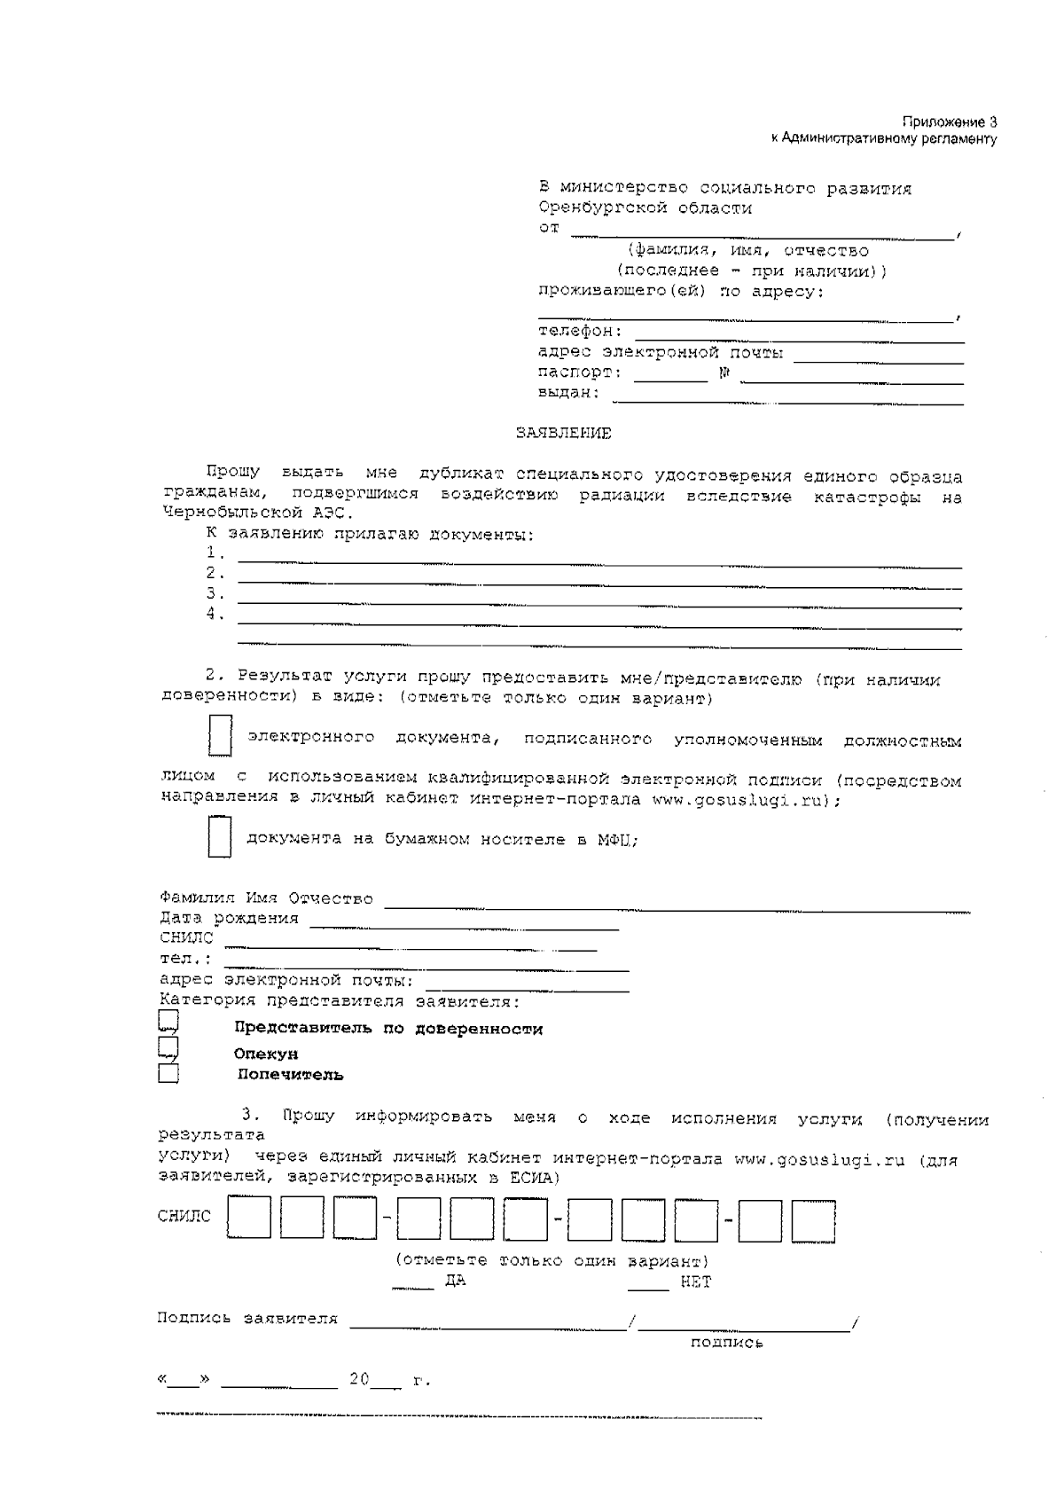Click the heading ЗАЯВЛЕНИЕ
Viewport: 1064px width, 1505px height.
coord(564,434)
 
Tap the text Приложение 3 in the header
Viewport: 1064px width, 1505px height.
coord(950,122)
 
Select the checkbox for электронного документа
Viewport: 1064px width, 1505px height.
coord(220,736)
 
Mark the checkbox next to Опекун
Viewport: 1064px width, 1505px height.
coord(168,1049)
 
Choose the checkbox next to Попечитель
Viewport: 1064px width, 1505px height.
coord(168,1074)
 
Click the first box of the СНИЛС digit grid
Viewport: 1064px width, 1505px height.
coord(249,1217)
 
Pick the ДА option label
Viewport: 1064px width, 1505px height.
coord(455,1282)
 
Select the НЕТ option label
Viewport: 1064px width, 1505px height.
coord(695,1282)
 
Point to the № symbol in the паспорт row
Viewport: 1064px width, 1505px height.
coord(724,373)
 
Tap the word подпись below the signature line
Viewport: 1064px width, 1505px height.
coord(726,1343)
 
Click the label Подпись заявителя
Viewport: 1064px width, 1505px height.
coord(247,1319)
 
